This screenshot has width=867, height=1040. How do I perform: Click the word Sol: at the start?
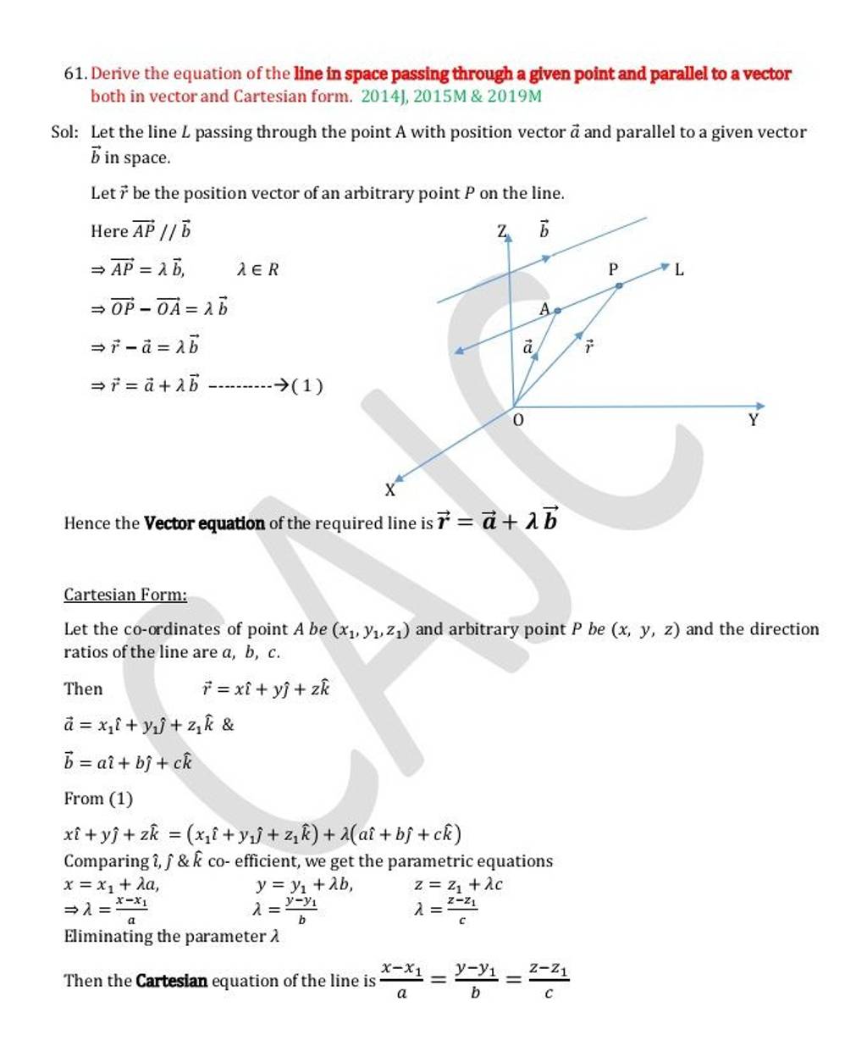coord(65,132)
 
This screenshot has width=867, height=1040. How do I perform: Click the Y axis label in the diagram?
coord(754,419)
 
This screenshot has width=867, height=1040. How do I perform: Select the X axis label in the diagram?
coord(390,490)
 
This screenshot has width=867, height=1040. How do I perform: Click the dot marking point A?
coord(557,311)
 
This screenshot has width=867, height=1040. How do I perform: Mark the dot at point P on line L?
coord(619,286)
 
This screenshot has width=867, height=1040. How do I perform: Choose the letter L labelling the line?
coord(679,270)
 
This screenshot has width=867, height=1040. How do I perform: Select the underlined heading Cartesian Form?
coord(125,595)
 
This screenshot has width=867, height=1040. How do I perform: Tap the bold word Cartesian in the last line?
coord(171,982)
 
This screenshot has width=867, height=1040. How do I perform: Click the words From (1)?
coord(98,799)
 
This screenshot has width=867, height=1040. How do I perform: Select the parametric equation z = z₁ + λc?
coord(459,885)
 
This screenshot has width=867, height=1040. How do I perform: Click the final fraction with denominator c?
coord(548,980)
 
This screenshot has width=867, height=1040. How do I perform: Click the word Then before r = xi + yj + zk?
coord(83,689)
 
